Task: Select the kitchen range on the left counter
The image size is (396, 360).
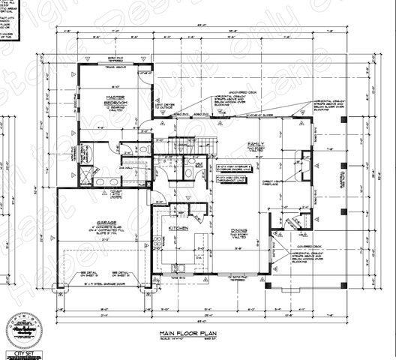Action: point(156,241)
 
